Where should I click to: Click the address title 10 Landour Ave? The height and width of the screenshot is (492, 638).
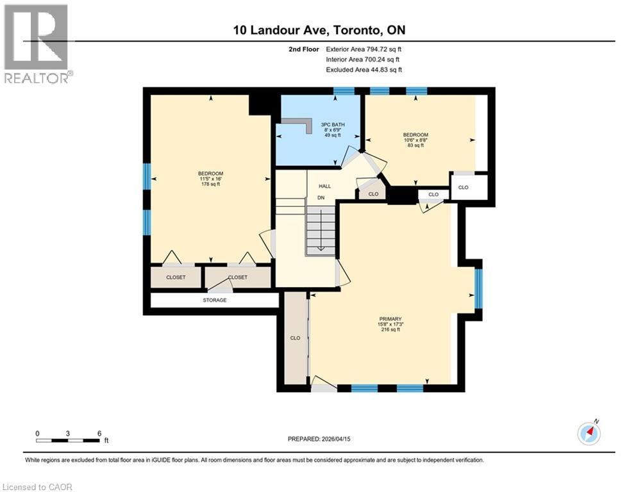[x=319, y=30]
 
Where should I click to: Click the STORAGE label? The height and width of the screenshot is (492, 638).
[x=215, y=300]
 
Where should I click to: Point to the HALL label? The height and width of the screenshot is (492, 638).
[x=325, y=186]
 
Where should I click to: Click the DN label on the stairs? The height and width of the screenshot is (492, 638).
[x=321, y=198]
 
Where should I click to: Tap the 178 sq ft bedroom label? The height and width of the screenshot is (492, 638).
[x=210, y=179]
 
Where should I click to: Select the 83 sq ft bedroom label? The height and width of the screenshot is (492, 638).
[x=416, y=140]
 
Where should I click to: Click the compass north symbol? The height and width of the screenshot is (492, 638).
[x=588, y=433]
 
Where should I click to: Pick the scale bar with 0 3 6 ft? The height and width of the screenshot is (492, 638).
[x=69, y=438]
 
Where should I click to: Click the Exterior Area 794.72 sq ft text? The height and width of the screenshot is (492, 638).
[x=364, y=49]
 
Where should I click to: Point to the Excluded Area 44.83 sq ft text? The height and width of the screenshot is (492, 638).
[x=364, y=69]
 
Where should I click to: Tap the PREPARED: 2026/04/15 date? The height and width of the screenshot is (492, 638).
[x=319, y=439]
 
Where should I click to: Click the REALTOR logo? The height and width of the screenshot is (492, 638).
[x=37, y=44]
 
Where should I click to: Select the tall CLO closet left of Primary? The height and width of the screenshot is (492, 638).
[x=295, y=338]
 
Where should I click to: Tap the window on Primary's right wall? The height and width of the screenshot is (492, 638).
[x=478, y=288]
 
